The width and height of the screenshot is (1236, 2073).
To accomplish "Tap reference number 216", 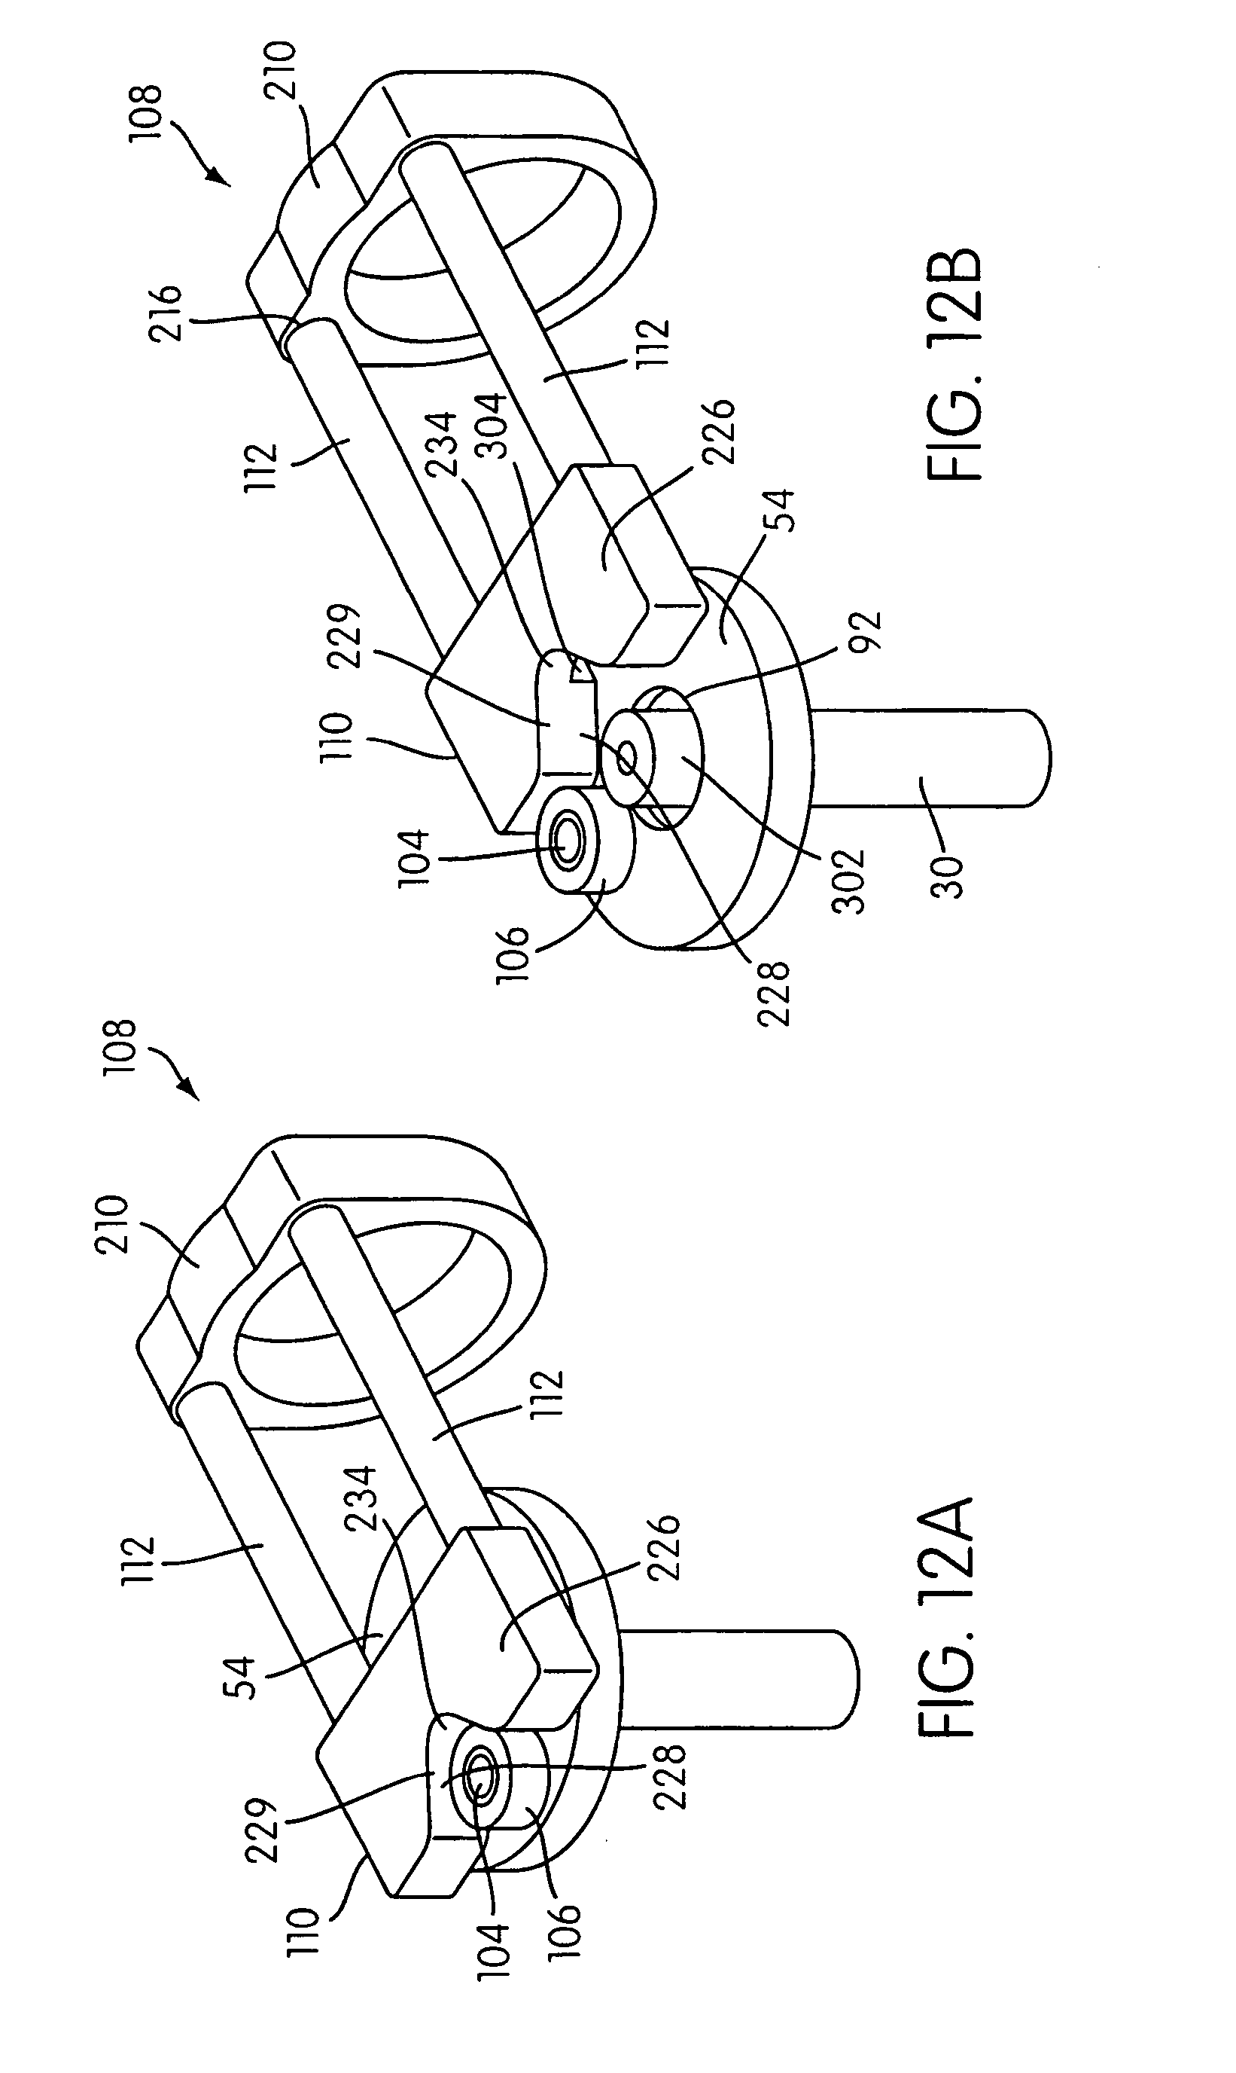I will click(164, 314).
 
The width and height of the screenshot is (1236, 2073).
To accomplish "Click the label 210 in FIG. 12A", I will click(112, 1224).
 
